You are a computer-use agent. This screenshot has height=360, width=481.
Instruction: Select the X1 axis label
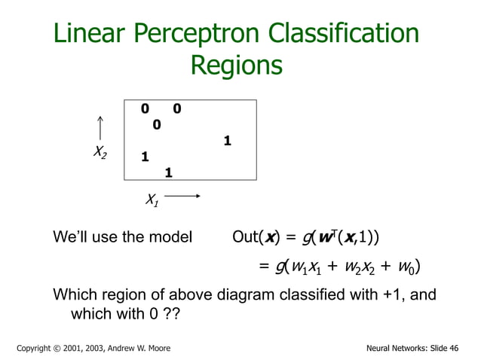(152, 200)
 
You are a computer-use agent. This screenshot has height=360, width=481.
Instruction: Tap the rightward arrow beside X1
(182, 197)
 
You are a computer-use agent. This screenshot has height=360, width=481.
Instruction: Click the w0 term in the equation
(405, 268)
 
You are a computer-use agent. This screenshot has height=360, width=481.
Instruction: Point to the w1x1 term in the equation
(309, 268)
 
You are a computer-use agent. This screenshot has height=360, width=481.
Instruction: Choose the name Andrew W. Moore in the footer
(132, 348)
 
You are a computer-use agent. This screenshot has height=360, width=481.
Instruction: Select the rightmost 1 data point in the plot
(227, 140)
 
